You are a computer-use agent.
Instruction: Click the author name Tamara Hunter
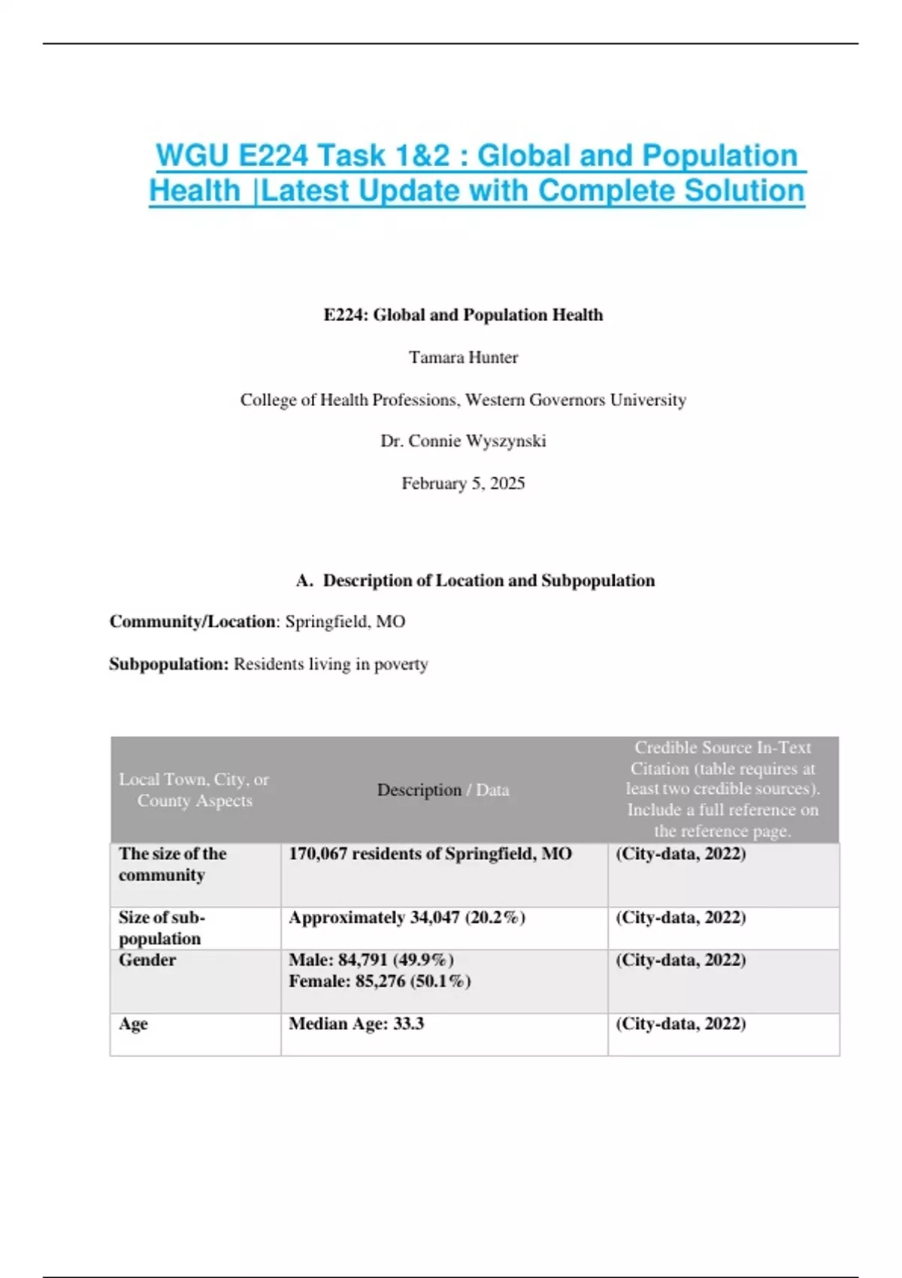463,358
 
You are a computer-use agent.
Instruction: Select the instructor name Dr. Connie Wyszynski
463,441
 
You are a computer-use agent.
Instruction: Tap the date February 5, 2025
463,483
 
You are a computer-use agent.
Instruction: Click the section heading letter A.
304,580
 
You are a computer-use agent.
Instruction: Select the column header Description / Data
443,790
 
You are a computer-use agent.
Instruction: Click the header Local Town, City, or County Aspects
194,790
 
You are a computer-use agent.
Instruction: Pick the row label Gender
147,960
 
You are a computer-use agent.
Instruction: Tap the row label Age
133,1024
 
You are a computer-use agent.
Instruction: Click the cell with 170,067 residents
430,854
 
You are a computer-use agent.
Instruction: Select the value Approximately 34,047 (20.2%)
407,918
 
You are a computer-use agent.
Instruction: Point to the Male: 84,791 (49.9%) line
371,960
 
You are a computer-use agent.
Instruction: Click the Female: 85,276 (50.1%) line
379,981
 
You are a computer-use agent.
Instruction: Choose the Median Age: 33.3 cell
356,1024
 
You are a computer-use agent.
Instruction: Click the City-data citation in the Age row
680,1024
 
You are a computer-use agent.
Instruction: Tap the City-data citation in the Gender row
680,960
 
